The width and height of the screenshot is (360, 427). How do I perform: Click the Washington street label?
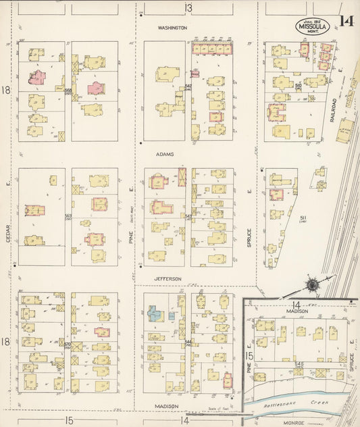point(172,28)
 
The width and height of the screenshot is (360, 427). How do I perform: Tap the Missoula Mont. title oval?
point(311,28)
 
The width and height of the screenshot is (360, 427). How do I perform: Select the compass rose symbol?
point(313,284)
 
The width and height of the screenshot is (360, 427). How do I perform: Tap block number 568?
point(68,91)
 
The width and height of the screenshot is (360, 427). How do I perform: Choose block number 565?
point(68,216)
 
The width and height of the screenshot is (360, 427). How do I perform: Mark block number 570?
point(68,344)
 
